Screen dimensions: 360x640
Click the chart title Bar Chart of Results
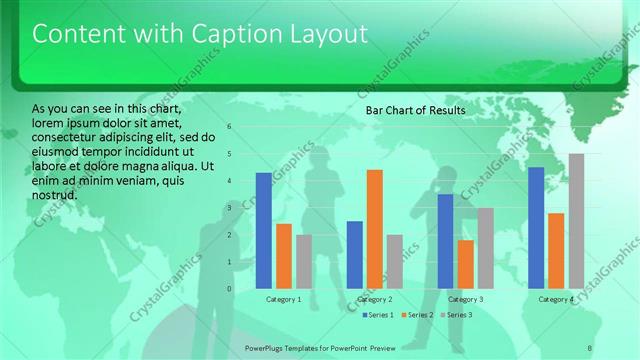coord(415,110)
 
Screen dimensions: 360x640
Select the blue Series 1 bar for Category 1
coord(263,230)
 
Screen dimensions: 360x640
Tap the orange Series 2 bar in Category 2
coord(374,229)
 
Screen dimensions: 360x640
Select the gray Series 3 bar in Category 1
coord(304,261)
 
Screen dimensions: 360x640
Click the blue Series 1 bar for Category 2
coord(354,254)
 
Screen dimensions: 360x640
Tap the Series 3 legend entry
coord(457,315)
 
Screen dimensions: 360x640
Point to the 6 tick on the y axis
coord(230,127)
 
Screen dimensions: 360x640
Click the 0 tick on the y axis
coord(230,289)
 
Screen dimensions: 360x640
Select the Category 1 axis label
coord(284,299)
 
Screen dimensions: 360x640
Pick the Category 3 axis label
coord(465,299)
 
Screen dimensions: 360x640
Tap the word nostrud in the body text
coord(55,194)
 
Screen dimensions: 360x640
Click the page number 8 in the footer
coord(590,347)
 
